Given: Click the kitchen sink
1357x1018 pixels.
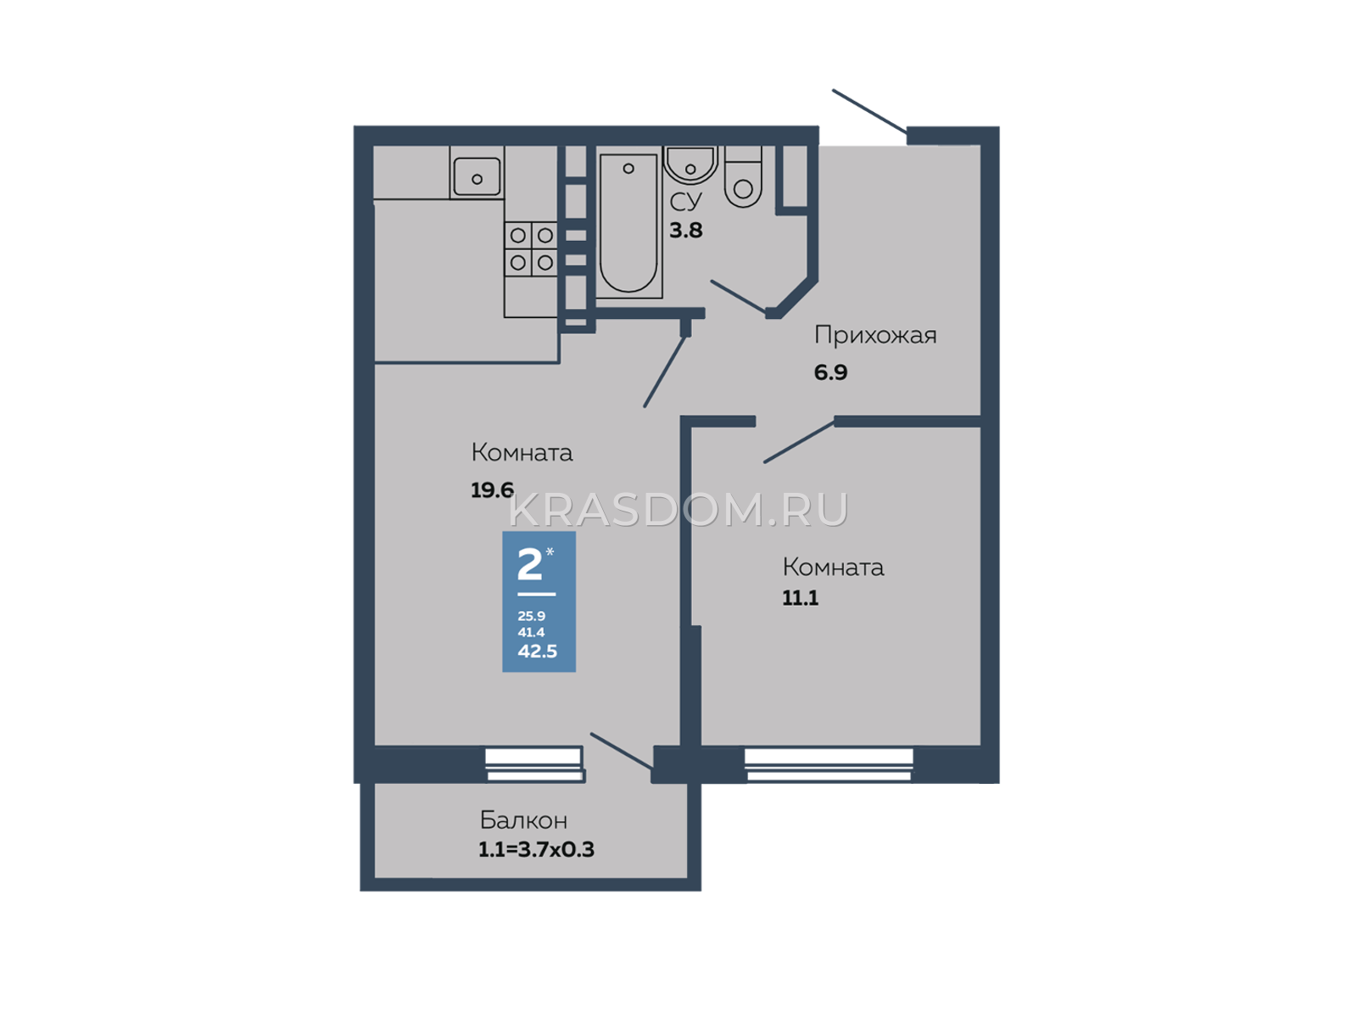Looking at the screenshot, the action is [476, 176].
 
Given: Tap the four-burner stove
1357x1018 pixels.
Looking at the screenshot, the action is [530, 249].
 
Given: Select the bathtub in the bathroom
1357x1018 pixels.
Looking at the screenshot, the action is [628, 222].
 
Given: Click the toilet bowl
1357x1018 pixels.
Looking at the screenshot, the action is [742, 176].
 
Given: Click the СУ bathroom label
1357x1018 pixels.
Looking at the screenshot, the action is [685, 202].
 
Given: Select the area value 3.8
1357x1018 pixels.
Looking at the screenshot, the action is [685, 231].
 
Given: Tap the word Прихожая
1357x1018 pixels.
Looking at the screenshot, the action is [874, 336].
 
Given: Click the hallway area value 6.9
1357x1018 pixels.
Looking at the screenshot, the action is [830, 372].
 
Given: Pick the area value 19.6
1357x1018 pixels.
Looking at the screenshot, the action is [492, 490].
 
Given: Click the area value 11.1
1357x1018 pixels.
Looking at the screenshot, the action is [800, 598].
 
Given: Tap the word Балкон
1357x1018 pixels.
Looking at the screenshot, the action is [523, 820].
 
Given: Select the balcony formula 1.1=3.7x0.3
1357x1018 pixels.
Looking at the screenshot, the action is [536, 849].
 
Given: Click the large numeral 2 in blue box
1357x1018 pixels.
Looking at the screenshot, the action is [529, 564].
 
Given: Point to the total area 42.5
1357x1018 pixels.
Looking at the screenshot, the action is [537, 651].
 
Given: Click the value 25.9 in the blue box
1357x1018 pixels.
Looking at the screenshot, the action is [531, 616].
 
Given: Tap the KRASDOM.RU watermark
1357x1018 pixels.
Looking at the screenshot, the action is [678, 511].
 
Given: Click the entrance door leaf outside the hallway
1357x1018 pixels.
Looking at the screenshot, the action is [870, 112].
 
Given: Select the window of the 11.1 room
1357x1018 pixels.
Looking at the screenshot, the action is [829, 764].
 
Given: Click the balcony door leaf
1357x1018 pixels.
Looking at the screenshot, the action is [622, 752].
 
